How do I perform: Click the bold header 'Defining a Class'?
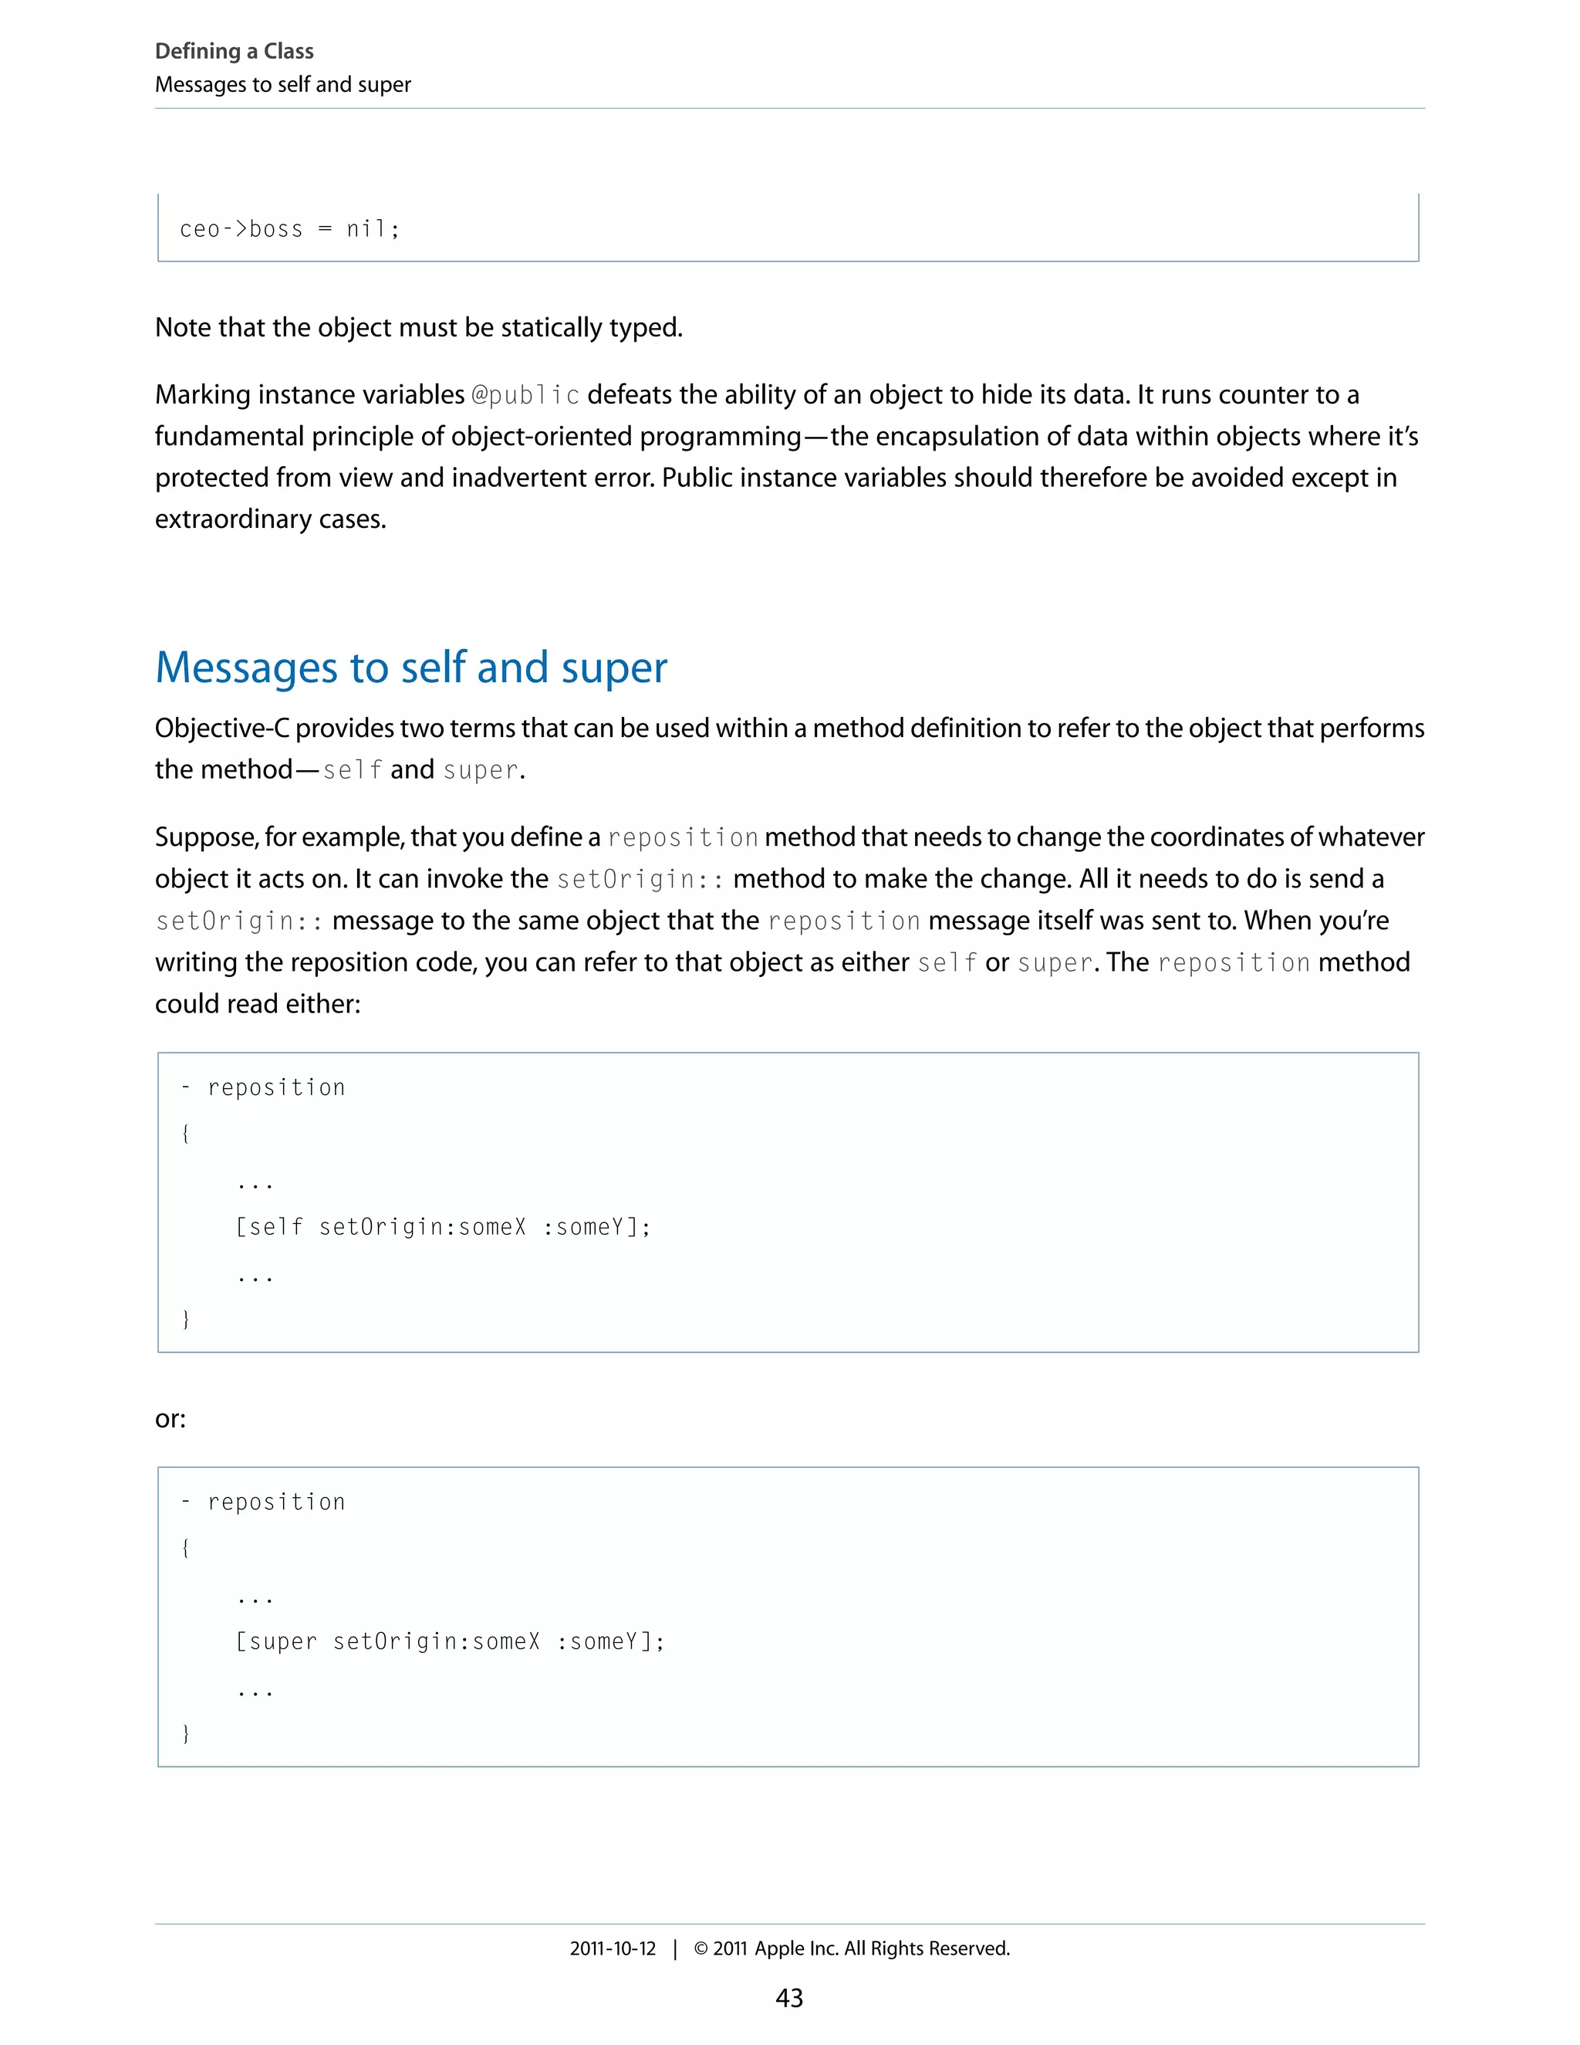(x=234, y=51)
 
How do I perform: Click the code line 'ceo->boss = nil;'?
(x=289, y=229)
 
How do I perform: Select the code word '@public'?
(x=525, y=395)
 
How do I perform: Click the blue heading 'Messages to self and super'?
(x=411, y=668)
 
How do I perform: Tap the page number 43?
(x=789, y=1997)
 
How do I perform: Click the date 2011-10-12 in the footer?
(x=613, y=1949)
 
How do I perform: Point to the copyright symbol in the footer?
(x=701, y=1949)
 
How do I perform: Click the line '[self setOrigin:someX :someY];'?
(x=443, y=1227)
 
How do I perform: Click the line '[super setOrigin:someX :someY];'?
(x=449, y=1641)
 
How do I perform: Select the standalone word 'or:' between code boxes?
(x=170, y=1418)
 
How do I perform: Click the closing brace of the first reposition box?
(x=185, y=1320)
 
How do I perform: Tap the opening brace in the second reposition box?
(x=185, y=1548)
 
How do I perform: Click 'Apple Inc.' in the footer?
(x=796, y=1949)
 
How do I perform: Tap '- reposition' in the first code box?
(x=263, y=1088)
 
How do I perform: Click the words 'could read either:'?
(x=258, y=1004)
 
